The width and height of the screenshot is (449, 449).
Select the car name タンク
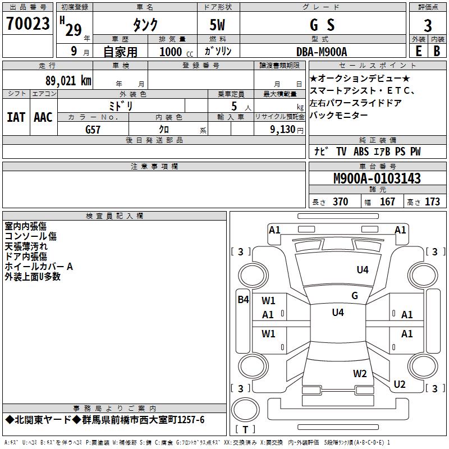pos(145,25)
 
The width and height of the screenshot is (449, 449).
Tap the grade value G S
pos(322,25)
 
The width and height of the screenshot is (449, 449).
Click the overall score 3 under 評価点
pos(428,26)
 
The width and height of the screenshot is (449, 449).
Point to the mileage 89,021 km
pos(68,80)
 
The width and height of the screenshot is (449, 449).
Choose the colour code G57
pos(93,129)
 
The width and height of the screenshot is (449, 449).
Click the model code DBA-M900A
pos(322,52)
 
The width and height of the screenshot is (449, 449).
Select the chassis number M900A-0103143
pos(377,178)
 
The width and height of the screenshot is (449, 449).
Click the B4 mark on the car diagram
pos(242,300)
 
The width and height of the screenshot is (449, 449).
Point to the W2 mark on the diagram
pos(360,373)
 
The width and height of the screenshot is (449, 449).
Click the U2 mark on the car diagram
pos(400,384)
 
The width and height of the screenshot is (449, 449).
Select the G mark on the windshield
pos(354,296)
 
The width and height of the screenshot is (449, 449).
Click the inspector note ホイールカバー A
pos(39,267)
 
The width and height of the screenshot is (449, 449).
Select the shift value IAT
pos(16,117)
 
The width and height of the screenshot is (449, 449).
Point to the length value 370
pos(340,202)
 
